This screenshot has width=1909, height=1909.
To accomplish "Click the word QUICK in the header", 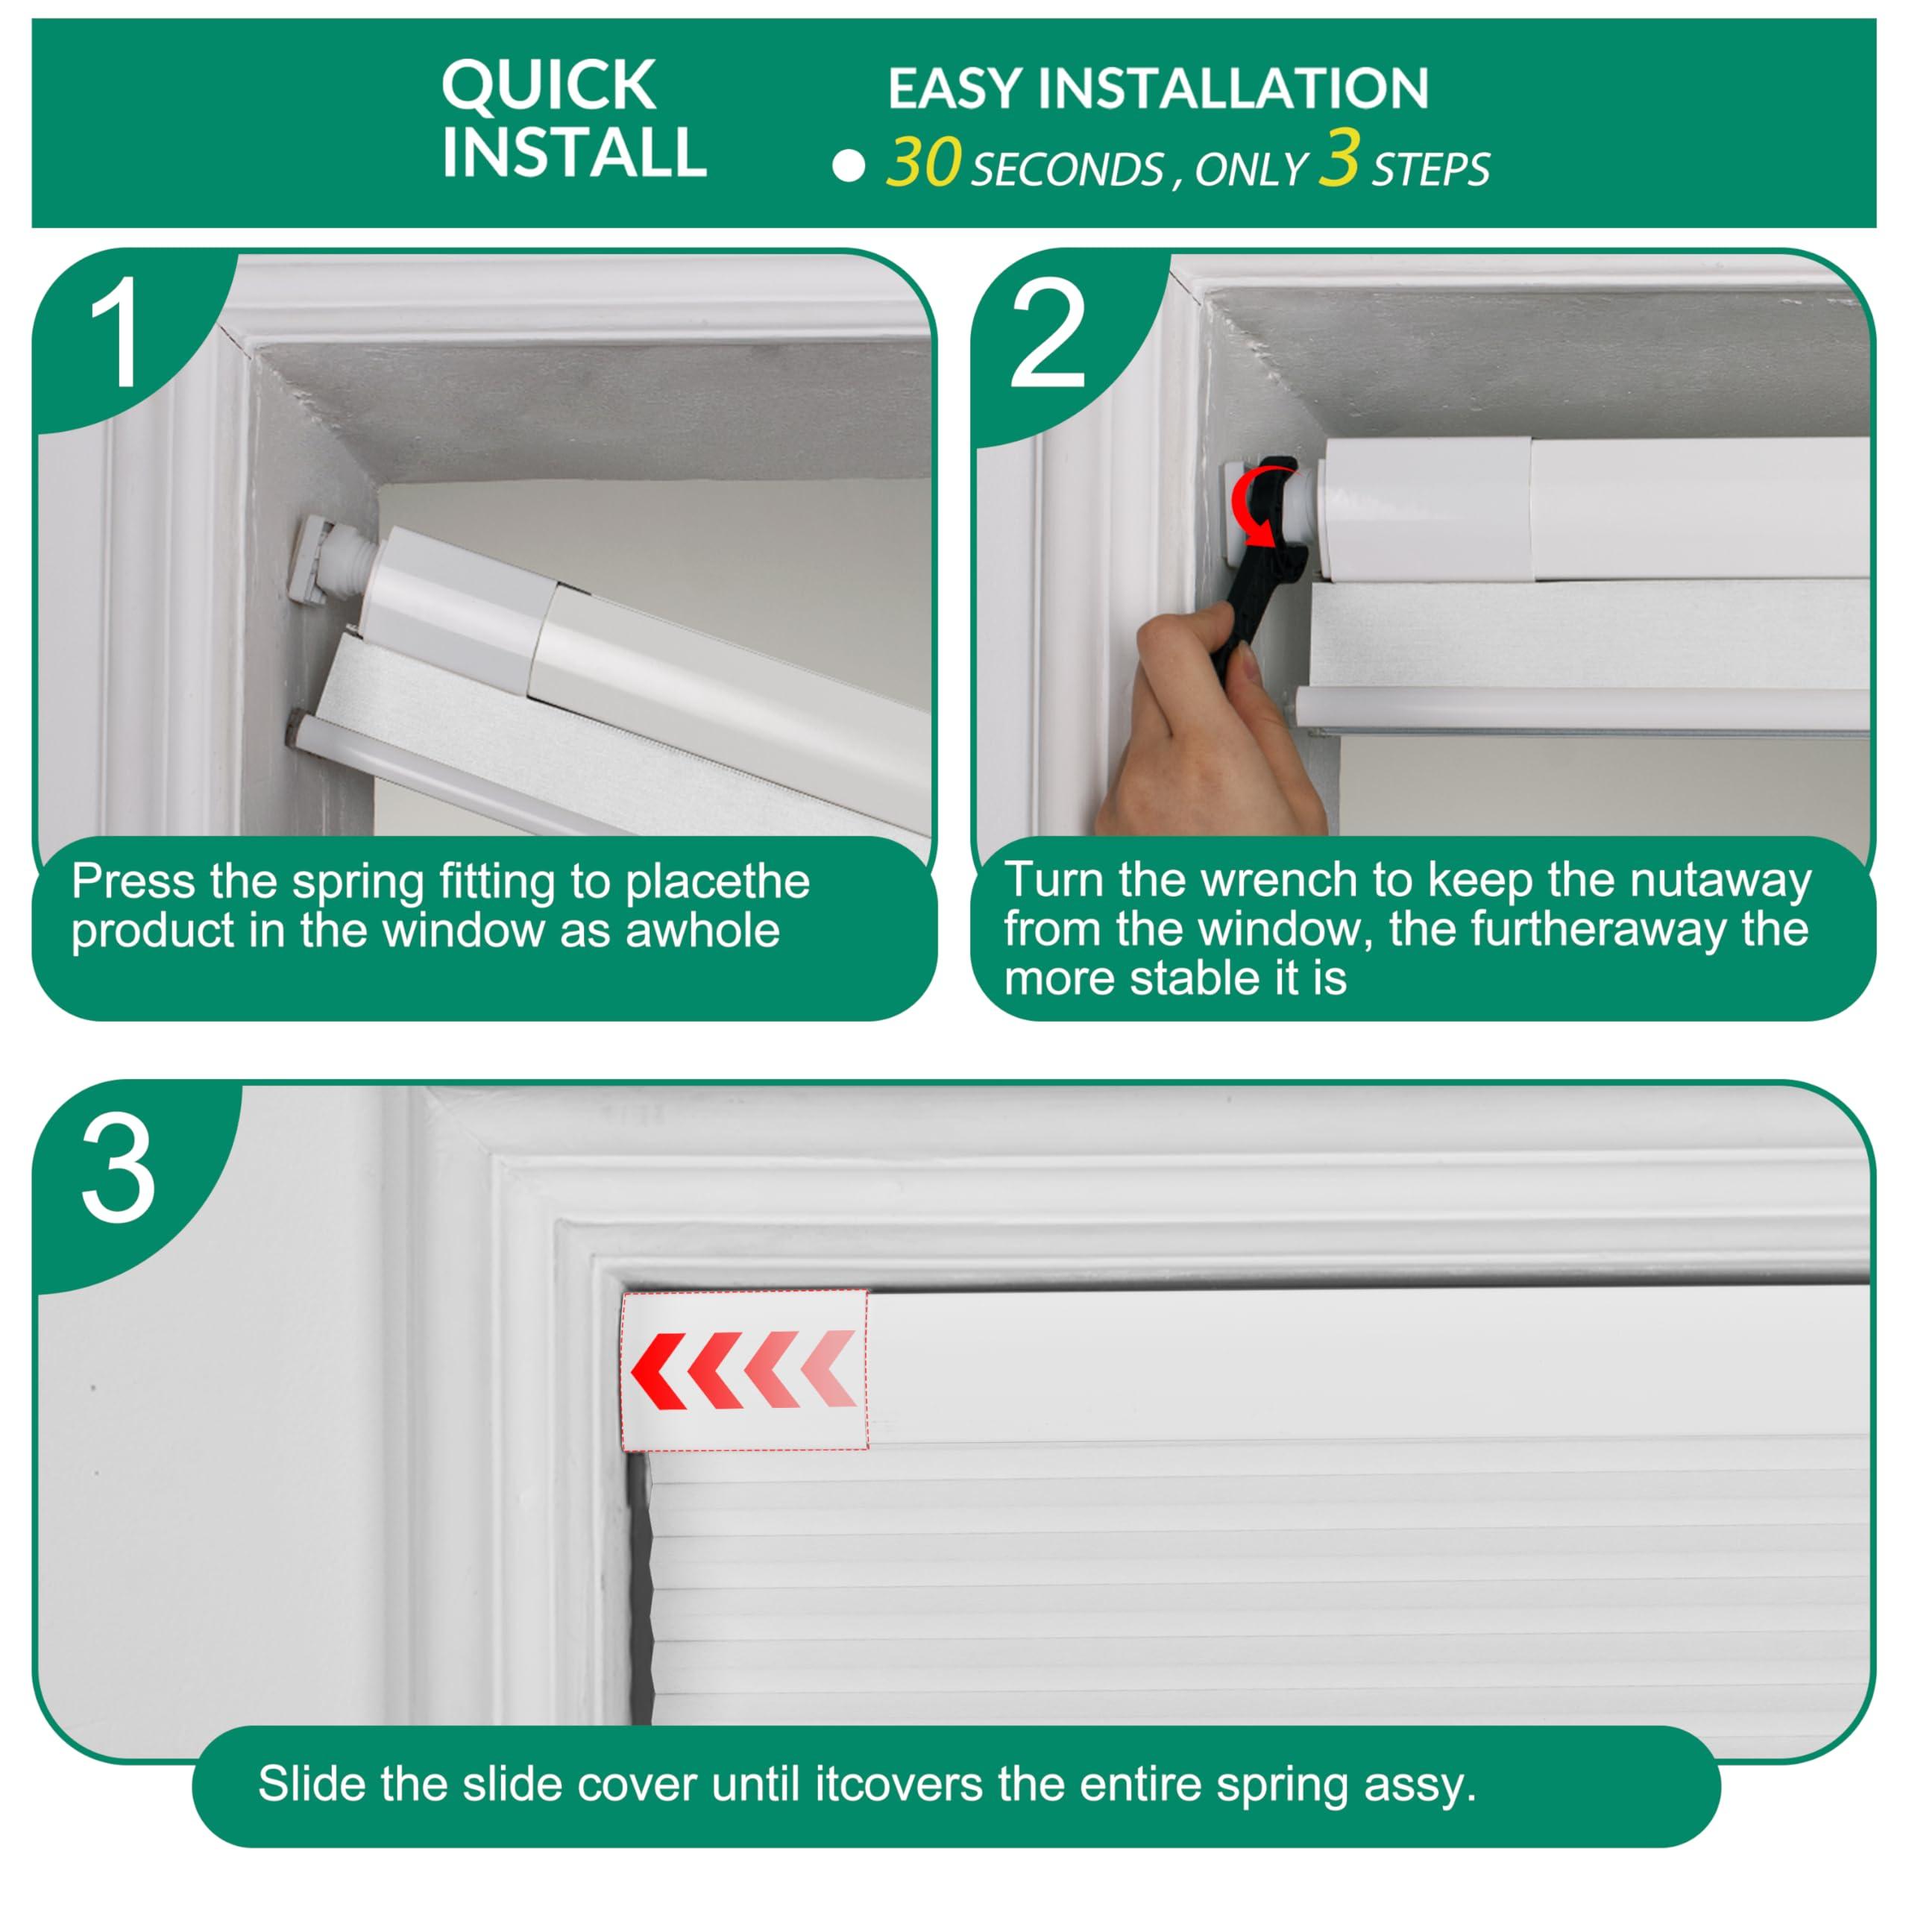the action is click(548, 86).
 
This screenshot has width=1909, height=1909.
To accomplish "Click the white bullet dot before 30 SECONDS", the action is click(849, 166).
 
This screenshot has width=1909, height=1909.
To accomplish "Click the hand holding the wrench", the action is click(1210, 726).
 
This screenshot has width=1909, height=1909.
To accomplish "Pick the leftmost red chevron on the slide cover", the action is click(659, 1370).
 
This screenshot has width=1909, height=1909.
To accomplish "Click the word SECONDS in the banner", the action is click(1067, 170).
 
